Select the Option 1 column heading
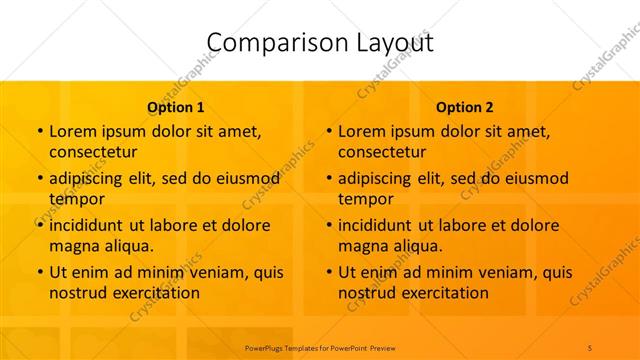[x=176, y=107]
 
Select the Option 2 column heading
[x=465, y=107]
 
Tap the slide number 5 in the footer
[x=590, y=346]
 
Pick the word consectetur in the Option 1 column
[x=93, y=152]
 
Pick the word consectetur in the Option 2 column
[x=382, y=152]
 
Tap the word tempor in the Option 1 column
[x=74, y=199]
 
